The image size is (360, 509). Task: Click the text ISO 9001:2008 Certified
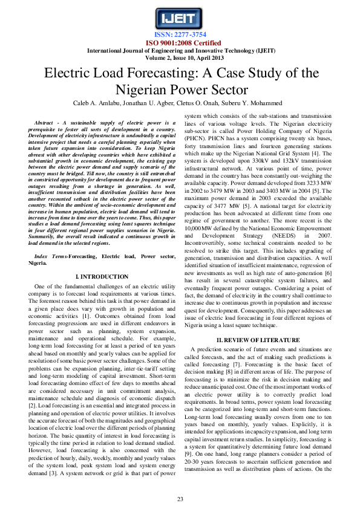click(x=180, y=43)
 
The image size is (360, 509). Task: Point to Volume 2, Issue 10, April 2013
click(x=180, y=58)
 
